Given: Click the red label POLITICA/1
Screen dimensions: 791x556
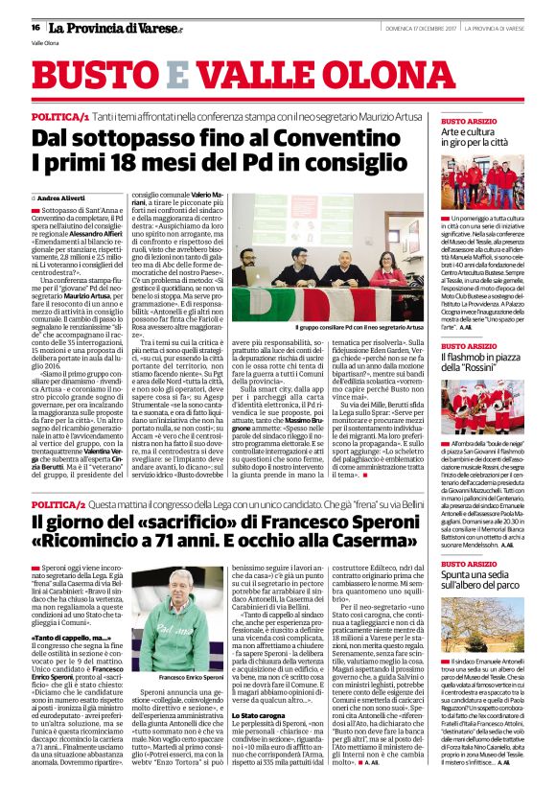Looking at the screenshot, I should [60, 115].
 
